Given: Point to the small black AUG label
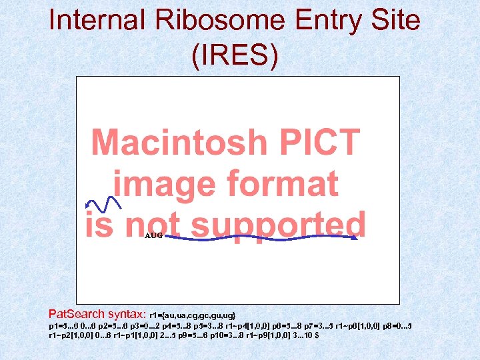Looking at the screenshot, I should coord(153,235).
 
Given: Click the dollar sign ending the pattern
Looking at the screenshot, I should coord(316,335).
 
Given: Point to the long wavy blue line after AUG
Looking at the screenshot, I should coord(260,238).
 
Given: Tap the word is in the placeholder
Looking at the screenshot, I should coord(98,225).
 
